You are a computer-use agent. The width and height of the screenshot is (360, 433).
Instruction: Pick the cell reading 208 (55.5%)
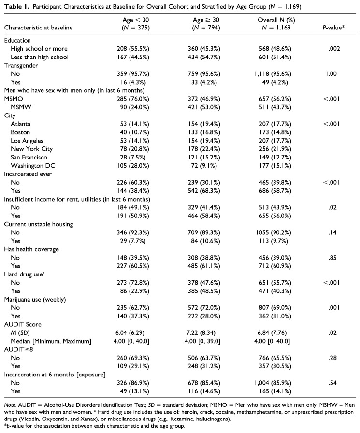[132, 49]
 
